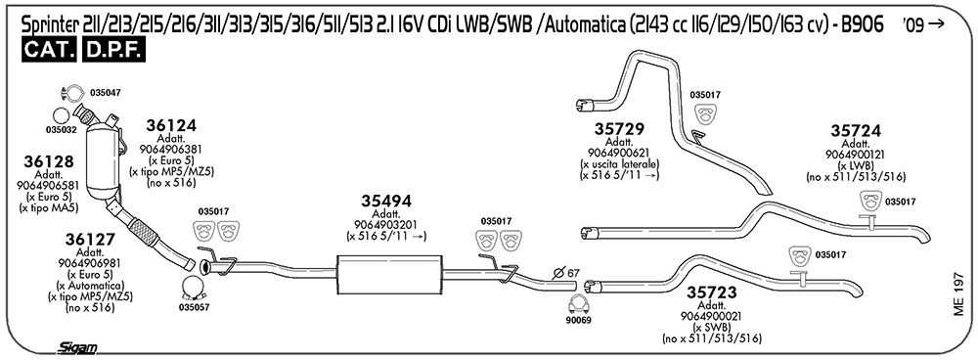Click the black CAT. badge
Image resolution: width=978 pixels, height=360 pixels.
point(49,51)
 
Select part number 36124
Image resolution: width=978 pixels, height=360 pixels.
point(171,125)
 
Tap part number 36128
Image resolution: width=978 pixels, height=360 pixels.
point(49,161)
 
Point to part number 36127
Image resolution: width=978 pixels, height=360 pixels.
point(90,239)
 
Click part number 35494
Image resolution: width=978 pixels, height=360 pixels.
point(386,201)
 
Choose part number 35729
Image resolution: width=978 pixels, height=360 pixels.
point(619,129)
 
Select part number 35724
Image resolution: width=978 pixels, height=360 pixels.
point(855,131)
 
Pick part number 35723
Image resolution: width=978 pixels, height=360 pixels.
point(712,292)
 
